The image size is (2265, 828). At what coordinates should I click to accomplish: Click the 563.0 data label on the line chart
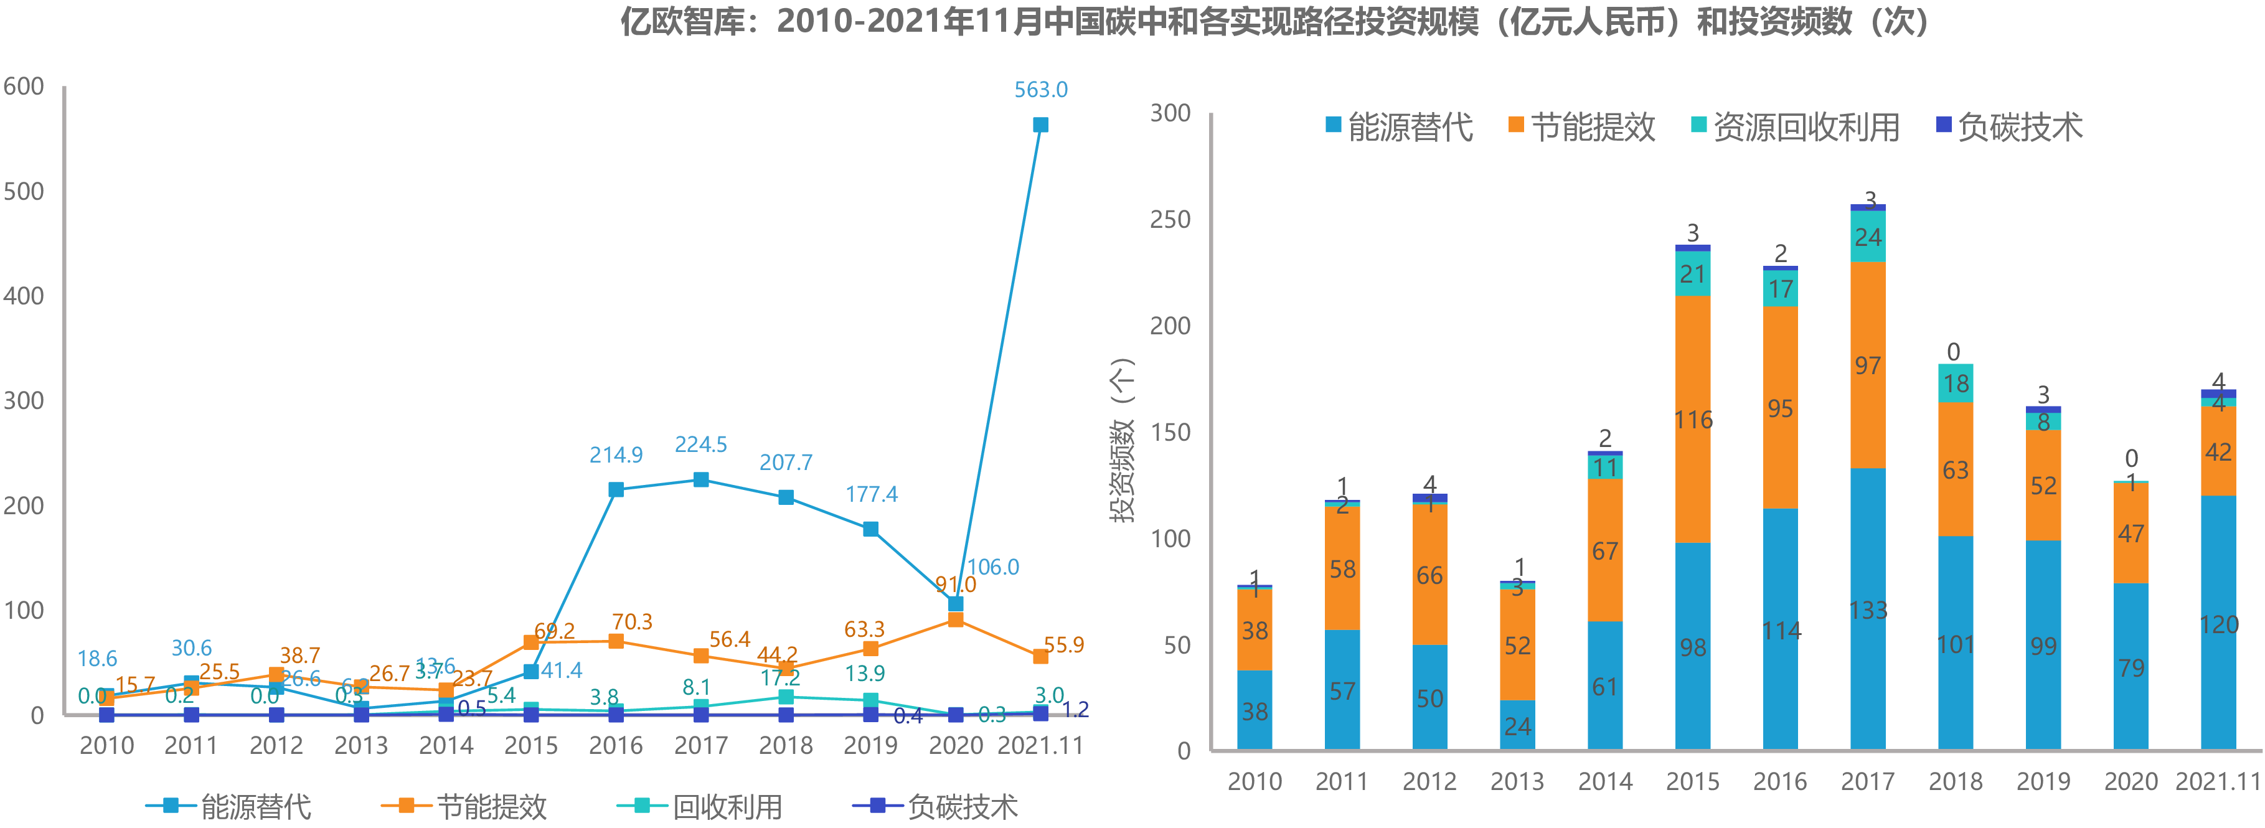tap(1040, 90)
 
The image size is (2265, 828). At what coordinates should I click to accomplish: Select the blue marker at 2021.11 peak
tap(1040, 125)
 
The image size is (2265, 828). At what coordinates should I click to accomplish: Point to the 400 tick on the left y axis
tap(24, 296)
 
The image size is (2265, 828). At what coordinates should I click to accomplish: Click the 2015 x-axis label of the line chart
tap(530, 745)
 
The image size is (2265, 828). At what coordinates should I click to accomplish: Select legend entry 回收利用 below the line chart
tap(727, 806)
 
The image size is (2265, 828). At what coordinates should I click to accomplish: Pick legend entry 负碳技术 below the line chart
tap(962, 806)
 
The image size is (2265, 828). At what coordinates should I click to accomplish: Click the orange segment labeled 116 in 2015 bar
tap(1693, 419)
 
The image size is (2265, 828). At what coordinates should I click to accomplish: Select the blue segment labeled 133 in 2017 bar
tap(1868, 608)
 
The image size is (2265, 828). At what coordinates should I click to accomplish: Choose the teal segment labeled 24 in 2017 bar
tap(1868, 237)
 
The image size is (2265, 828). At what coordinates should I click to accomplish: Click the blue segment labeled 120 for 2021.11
tap(2218, 623)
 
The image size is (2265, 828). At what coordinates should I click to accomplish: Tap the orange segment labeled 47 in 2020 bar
tap(2131, 533)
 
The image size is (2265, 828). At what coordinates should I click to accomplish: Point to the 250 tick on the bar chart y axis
tap(1170, 220)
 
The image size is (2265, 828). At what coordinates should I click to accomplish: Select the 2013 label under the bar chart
tap(1517, 781)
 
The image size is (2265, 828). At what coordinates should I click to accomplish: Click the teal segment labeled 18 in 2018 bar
tap(1956, 383)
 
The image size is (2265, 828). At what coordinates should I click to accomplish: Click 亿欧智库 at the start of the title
tap(682, 21)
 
